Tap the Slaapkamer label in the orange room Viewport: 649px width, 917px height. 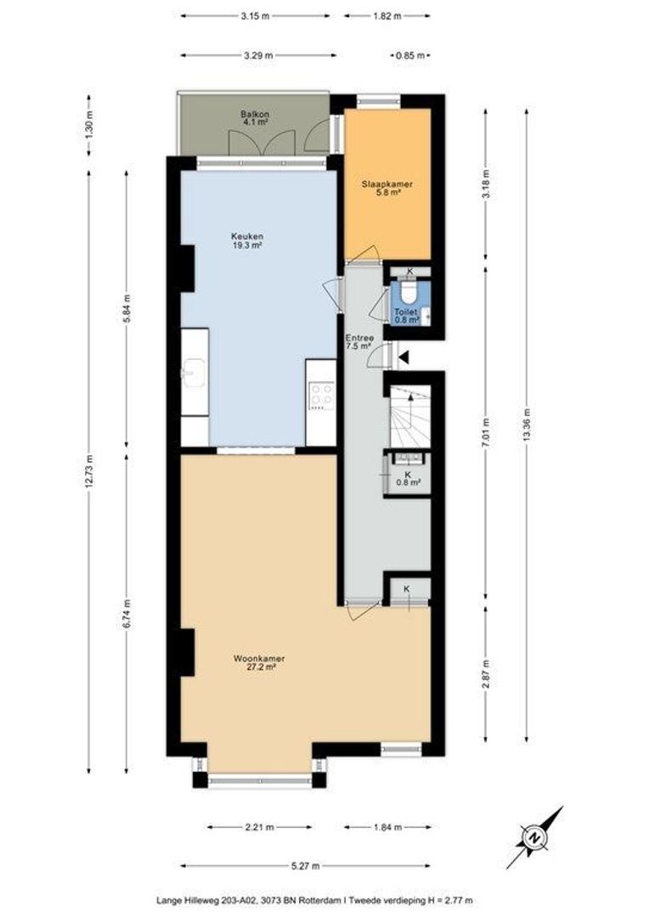pyautogui.click(x=387, y=184)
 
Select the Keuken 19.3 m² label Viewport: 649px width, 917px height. pyautogui.click(x=247, y=241)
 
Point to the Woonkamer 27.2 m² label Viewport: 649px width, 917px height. pyautogui.click(x=259, y=662)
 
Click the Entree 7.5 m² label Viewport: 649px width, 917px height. pyautogui.click(x=358, y=342)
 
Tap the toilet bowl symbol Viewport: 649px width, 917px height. pyautogui.click(x=409, y=291)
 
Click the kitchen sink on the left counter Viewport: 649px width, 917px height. pyautogui.click(x=194, y=371)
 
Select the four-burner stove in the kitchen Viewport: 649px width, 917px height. pyautogui.click(x=321, y=396)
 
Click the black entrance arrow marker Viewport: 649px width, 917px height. pyautogui.click(x=404, y=356)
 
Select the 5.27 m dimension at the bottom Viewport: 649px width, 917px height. pyautogui.click(x=306, y=866)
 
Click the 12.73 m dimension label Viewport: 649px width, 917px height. pyautogui.click(x=89, y=470)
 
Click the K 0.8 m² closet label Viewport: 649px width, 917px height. pyautogui.click(x=407, y=478)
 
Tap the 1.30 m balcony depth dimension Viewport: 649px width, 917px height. pyautogui.click(x=89, y=123)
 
